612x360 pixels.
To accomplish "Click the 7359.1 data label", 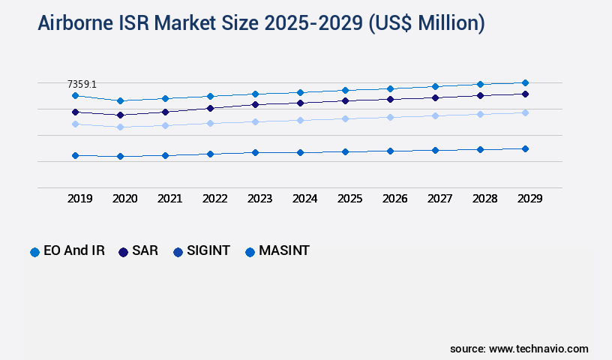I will tap(82, 85).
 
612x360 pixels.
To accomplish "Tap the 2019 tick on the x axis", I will tap(79, 199).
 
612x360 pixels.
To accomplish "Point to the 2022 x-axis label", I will tap(214, 199).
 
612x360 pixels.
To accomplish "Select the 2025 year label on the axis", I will tap(349, 199).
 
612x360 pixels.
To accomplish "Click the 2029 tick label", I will tap(529, 199).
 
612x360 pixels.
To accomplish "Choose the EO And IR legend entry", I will tap(67, 251).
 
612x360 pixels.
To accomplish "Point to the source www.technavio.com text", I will tap(519, 349).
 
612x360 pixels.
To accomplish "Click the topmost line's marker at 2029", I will tap(525, 82).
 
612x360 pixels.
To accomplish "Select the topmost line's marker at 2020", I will tap(120, 100).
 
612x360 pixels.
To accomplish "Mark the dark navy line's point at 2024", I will tap(300, 103).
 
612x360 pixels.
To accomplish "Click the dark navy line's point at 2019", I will tap(75, 112).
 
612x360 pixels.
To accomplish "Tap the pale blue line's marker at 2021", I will tap(165, 125).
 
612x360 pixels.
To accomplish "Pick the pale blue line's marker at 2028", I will tap(480, 114).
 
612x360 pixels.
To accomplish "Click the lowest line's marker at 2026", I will tap(390, 151).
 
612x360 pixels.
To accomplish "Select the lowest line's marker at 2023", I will tap(255, 152).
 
